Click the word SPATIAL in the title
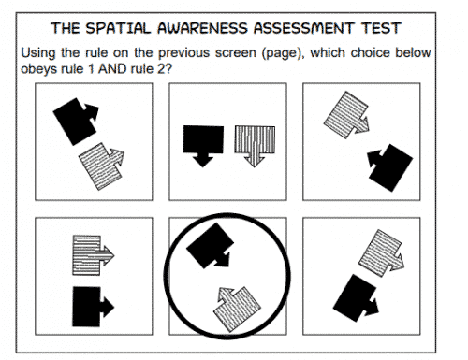click(118, 28)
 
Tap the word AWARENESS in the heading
click(203, 28)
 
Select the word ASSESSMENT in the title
click(304, 28)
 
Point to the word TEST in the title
click(381, 28)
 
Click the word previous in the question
click(183, 53)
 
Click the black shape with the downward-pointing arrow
click(203, 143)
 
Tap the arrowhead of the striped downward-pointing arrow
click(255, 161)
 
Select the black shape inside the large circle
click(210, 246)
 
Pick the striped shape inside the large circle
click(237, 308)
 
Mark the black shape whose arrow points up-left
click(391, 167)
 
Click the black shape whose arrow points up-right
click(75, 121)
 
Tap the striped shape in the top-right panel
click(346, 115)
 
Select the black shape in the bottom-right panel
click(355, 298)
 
